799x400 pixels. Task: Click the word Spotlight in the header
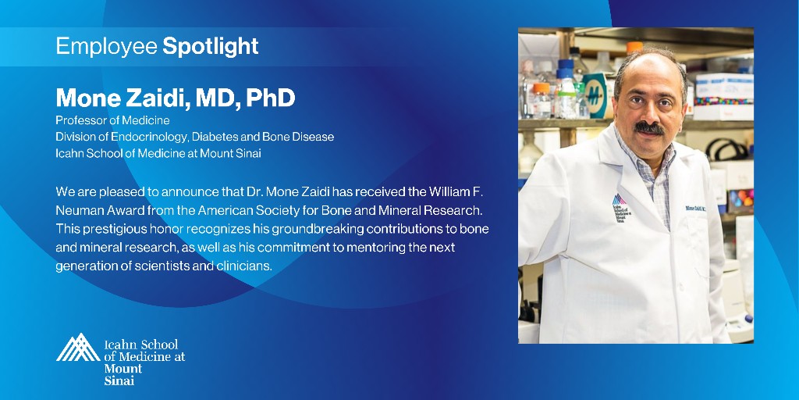click(210, 46)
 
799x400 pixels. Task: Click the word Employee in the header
click(106, 46)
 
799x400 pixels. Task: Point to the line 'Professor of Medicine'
click(112, 120)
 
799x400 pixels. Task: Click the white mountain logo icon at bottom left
click(77, 348)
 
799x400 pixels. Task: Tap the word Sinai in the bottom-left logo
click(119, 380)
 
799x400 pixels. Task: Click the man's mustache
click(649, 127)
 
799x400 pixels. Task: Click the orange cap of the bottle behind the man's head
click(634, 48)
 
